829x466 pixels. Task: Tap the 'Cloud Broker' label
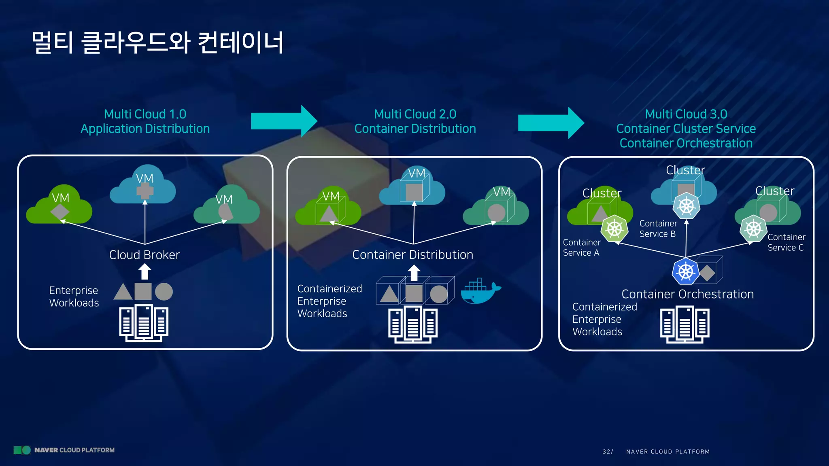(145, 255)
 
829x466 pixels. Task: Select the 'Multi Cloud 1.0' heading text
(145, 114)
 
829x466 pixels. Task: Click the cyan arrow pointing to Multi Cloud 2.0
(283, 121)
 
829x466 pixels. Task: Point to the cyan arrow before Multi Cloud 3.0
(551, 123)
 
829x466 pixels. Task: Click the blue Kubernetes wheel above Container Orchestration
(685, 271)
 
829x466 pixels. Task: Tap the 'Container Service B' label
(658, 229)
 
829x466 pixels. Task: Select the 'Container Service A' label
(581, 248)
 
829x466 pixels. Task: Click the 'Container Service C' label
(786, 242)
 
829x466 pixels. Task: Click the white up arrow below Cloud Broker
(145, 271)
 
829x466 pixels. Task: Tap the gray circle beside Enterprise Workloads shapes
(164, 292)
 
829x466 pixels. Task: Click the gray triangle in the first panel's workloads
(123, 292)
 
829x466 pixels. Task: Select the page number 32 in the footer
(607, 451)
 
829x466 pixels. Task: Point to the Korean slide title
(158, 43)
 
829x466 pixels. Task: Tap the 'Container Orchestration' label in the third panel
(687, 294)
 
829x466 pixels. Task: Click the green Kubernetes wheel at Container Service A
(614, 229)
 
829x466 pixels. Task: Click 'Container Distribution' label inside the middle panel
(412, 255)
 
